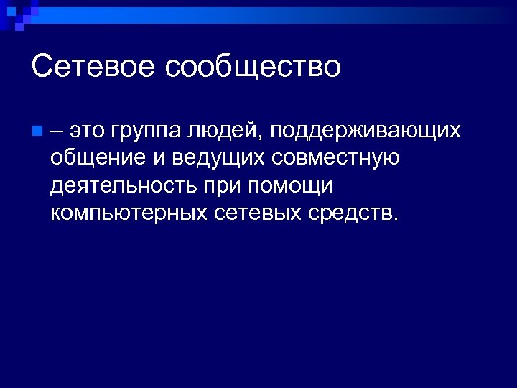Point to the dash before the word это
(x=58, y=131)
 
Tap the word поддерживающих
(x=365, y=132)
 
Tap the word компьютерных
(x=130, y=213)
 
